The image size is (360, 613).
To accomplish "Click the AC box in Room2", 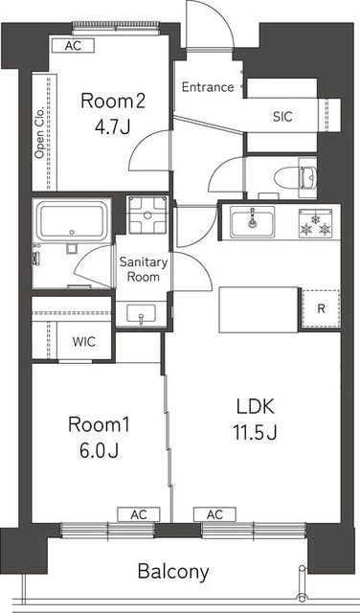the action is [x=73, y=45].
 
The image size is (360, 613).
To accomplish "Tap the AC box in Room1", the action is [x=139, y=514].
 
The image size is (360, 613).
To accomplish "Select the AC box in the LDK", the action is [x=214, y=514].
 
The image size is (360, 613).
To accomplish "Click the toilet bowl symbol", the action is [x=296, y=177].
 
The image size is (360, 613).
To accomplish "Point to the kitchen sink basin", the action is [x=252, y=221].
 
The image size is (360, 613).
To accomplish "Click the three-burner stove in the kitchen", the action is [x=315, y=223].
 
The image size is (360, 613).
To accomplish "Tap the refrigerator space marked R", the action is [x=321, y=308].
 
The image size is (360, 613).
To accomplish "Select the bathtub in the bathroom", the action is [x=72, y=220].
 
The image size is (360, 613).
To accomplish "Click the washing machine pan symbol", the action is [x=147, y=215].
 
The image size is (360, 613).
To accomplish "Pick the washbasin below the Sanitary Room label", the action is [x=141, y=313].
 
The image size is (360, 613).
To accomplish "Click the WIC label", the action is [x=84, y=342].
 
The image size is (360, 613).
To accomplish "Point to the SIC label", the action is [x=282, y=117].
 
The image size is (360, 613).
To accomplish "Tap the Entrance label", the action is [x=208, y=87].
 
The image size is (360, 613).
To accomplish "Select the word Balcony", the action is [x=173, y=572].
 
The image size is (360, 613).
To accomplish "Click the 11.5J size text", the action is [x=255, y=432].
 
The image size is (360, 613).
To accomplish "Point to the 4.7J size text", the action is [x=112, y=127].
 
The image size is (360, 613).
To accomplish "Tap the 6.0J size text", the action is [x=99, y=450].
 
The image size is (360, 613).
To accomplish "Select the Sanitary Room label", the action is [x=144, y=269].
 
